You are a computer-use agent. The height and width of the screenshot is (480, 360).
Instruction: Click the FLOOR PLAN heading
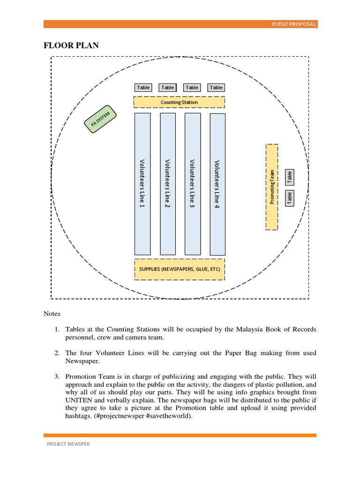[71, 45]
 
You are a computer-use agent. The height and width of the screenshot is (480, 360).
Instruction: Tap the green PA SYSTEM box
[101, 120]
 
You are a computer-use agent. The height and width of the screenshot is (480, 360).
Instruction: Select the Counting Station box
[179, 102]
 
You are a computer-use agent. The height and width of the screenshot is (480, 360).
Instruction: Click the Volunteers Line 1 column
[142, 184]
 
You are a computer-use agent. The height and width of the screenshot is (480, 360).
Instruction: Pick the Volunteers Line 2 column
[167, 184]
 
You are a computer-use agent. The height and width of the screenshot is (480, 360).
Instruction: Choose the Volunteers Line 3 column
[192, 184]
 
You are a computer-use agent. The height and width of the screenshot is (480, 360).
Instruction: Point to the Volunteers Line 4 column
[217, 184]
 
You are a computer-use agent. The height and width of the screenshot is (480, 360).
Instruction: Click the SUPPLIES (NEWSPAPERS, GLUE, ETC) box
[180, 270]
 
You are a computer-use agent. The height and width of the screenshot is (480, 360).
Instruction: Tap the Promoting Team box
[272, 187]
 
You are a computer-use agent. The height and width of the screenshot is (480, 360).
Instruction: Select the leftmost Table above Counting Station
[143, 88]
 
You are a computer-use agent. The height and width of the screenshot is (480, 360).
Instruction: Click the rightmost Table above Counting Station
[217, 88]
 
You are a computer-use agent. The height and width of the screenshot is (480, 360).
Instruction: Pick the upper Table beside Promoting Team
[290, 177]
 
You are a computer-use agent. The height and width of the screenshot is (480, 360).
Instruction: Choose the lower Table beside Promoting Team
[290, 198]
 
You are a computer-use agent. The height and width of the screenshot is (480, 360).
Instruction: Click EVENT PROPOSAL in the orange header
[294, 24]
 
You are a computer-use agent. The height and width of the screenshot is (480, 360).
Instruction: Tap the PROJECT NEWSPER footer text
[68, 444]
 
